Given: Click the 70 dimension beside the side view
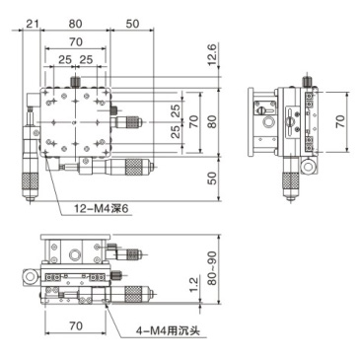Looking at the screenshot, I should pyautogui.click(x=340, y=121).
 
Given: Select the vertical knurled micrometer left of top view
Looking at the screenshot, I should pyautogui.click(x=32, y=180).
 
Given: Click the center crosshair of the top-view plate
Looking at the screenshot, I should pyautogui.click(x=74, y=122).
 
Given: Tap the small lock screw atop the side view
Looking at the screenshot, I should pyautogui.click(x=308, y=80).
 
